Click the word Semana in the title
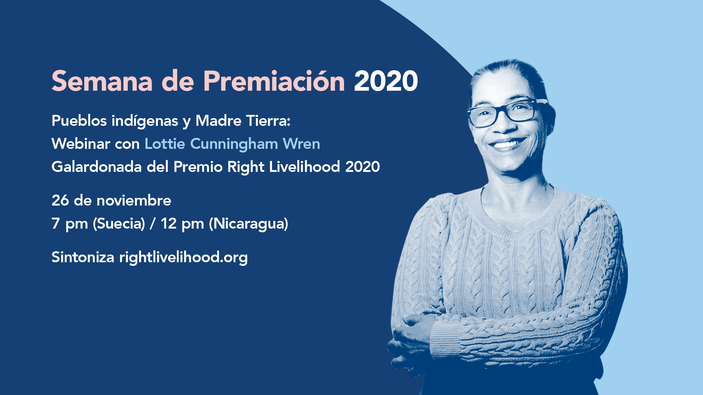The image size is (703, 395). pyautogui.click(x=102, y=81)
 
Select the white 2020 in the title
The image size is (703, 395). pyautogui.click(x=386, y=81)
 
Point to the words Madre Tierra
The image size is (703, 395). pyautogui.click(x=243, y=121)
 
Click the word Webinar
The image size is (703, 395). pyautogui.click(x=81, y=144)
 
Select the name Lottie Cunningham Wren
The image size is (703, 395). pyautogui.click(x=233, y=144)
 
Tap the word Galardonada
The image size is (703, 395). pyautogui.click(x=97, y=167)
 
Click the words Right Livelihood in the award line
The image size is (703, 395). pyautogui.click(x=284, y=167)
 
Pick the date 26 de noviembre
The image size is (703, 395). pyautogui.click(x=111, y=200)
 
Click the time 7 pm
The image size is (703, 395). pyautogui.click(x=70, y=224)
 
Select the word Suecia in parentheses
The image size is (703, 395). pyautogui.click(x=119, y=223)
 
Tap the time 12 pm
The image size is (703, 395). pyautogui.click(x=182, y=224)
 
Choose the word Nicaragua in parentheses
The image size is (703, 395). pyautogui.click(x=249, y=223)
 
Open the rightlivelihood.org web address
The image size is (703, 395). pyautogui.click(x=183, y=257)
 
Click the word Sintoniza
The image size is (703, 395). pyautogui.click(x=83, y=257)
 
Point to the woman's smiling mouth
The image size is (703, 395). pyautogui.click(x=507, y=144)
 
